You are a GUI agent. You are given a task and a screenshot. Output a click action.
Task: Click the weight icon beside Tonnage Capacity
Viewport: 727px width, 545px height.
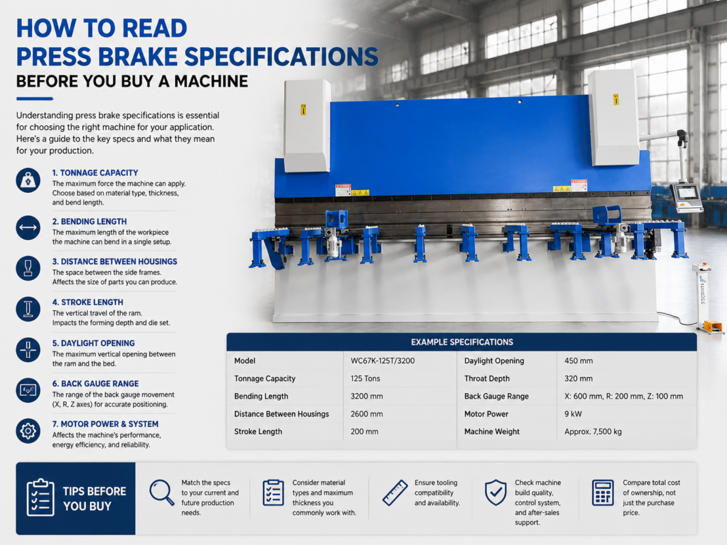[x=28, y=180]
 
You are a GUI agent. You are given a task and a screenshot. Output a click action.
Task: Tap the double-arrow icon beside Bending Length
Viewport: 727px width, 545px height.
[x=28, y=228]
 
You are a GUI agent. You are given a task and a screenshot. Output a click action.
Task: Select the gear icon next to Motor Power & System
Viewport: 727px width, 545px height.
[x=28, y=431]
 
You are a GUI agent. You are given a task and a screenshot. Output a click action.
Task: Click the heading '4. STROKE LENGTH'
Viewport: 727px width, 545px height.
[x=88, y=302]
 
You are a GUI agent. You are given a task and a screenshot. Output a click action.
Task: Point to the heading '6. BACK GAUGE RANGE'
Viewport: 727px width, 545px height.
[x=95, y=384]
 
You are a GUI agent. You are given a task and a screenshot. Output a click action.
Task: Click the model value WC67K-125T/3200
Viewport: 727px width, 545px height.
[x=382, y=360]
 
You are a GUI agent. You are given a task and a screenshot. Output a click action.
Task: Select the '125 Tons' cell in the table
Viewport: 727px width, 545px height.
[x=365, y=379]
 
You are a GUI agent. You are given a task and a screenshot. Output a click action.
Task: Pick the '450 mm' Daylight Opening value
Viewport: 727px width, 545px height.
[x=578, y=360]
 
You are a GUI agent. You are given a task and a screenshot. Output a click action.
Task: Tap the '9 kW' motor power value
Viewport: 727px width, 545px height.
[x=573, y=414]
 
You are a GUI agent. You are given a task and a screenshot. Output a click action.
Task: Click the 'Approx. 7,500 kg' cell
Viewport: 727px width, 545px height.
[x=593, y=431]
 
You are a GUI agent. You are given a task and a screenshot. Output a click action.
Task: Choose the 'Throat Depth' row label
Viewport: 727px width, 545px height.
[x=487, y=379]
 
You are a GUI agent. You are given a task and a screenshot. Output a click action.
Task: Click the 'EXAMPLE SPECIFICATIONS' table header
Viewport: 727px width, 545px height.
[x=462, y=342]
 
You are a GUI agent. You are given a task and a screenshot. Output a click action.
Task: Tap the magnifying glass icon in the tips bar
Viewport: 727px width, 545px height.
[x=161, y=493]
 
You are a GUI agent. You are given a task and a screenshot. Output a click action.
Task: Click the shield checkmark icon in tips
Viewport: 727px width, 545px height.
[x=495, y=492]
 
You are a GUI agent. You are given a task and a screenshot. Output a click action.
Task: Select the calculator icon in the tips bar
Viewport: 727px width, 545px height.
[x=603, y=492]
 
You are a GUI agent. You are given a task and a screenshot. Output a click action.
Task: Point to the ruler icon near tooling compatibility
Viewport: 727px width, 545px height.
[x=395, y=493]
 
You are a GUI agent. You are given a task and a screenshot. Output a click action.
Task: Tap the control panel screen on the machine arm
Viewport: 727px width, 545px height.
[x=686, y=192]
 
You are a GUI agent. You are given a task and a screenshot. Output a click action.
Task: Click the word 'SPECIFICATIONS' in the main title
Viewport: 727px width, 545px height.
[x=281, y=57]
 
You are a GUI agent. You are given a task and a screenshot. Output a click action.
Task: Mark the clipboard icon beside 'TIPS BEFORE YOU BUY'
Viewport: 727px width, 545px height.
[x=40, y=497]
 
